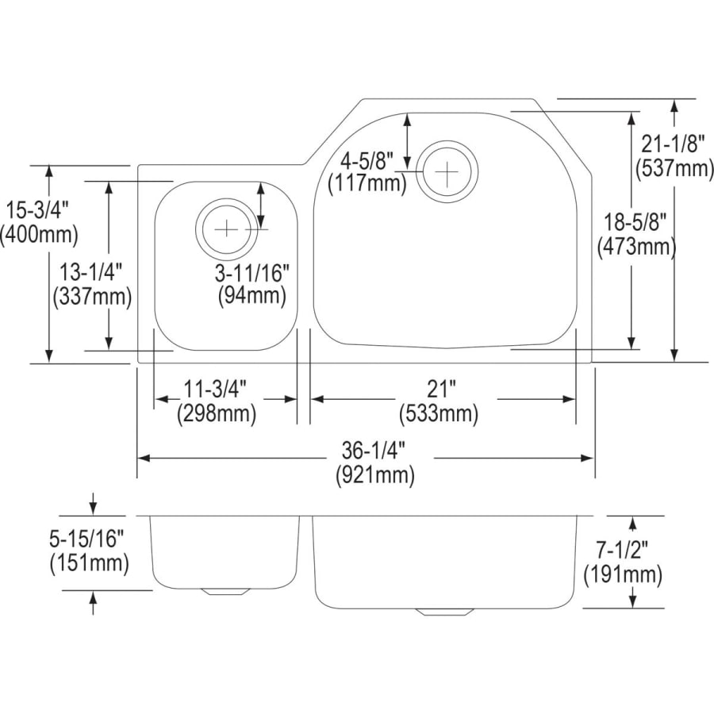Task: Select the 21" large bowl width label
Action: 441,390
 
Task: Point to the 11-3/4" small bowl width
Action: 215,390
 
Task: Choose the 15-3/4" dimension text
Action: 39,211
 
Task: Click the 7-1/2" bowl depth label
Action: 622,549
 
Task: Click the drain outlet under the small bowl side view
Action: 227,591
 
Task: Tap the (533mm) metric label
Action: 441,413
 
